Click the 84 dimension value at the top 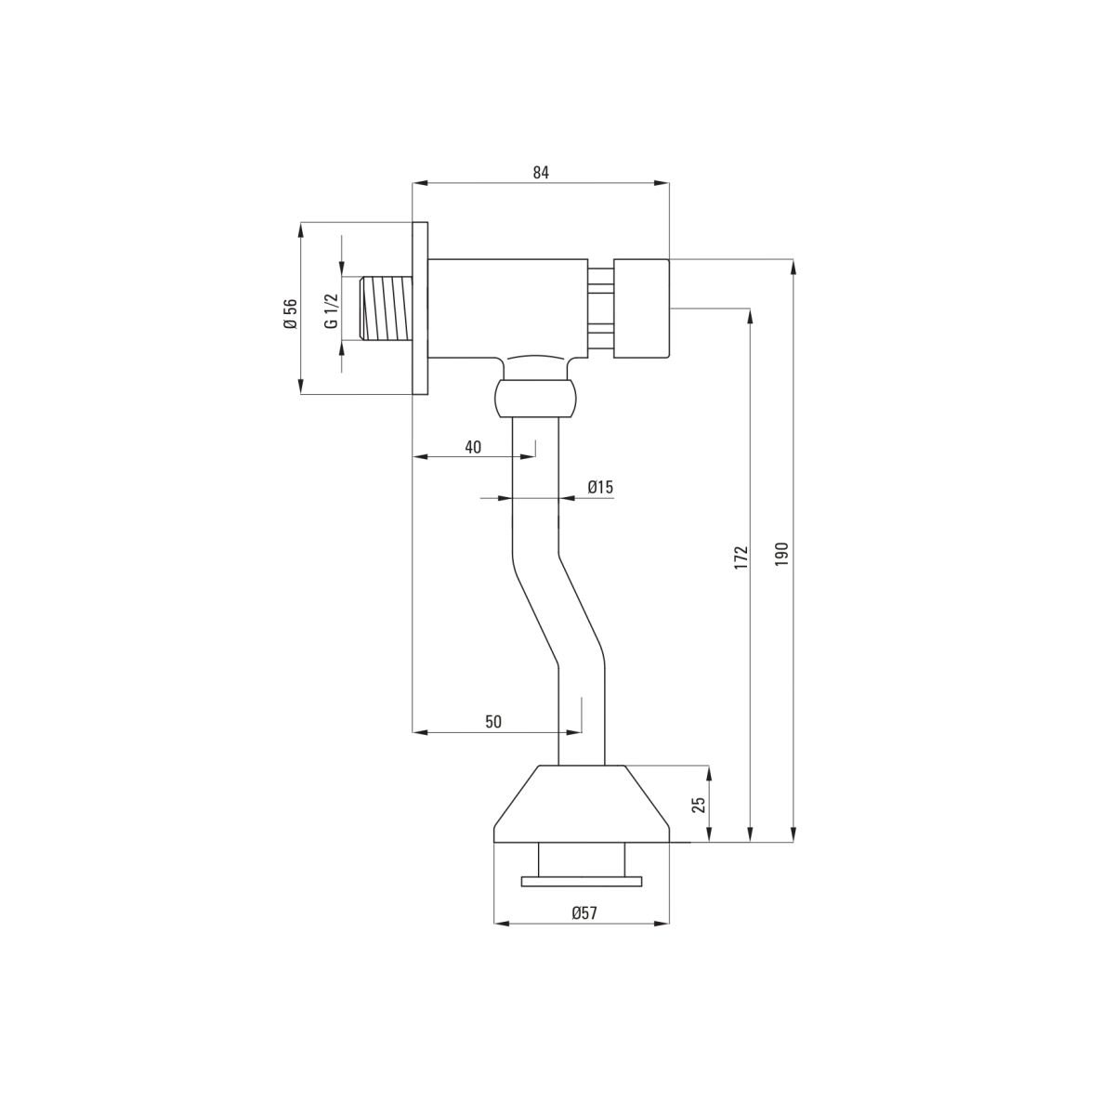click(540, 172)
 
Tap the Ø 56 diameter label click(290, 314)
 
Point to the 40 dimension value click(473, 447)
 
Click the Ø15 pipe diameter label click(600, 487)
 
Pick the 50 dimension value click(493, 722)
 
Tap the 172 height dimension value click(741, 557)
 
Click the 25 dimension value click(699, 805)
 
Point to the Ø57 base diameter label click(584, 913)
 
